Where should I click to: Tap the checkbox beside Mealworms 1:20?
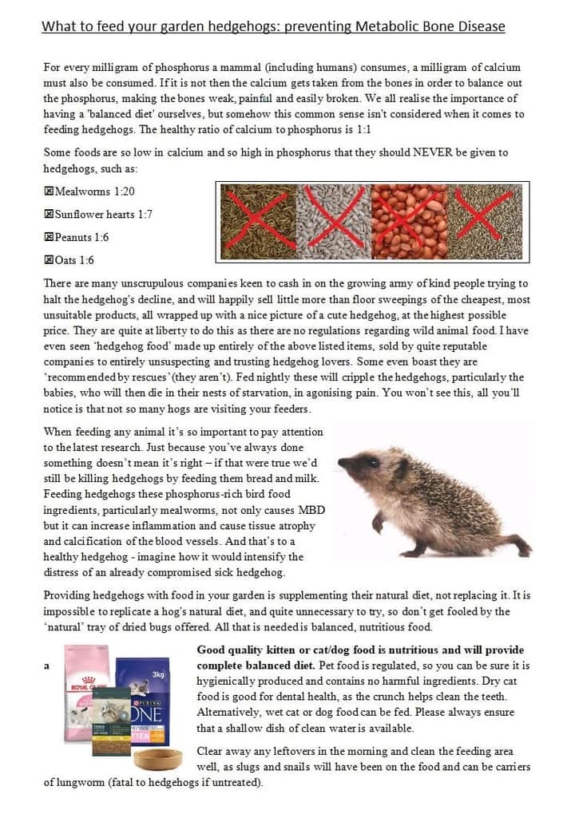49,192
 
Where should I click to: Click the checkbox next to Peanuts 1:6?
49,237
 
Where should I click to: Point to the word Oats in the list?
66,260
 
